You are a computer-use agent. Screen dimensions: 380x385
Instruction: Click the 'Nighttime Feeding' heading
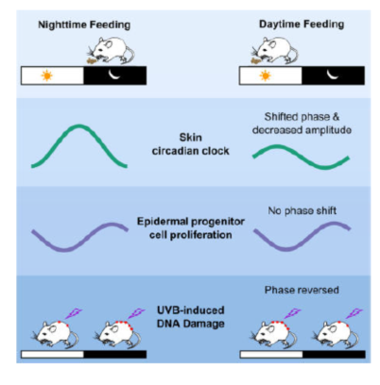[84, 25]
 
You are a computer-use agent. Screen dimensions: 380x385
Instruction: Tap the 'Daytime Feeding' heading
[302, 25]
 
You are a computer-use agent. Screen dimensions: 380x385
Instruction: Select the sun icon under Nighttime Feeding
[47, 75]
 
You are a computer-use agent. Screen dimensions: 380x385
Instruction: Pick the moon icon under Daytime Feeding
[333, 75]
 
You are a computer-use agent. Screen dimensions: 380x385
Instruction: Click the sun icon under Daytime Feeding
[265, 75]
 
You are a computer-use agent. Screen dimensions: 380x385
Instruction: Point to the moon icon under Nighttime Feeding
[114, 75]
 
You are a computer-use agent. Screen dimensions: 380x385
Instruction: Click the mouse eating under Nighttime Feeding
[111, 51]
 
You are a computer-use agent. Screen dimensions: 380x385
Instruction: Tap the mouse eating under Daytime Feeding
[274, 51]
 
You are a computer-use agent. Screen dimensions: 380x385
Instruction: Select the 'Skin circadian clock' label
[190, 144]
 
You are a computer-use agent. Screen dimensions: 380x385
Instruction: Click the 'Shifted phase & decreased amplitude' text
[302, 124]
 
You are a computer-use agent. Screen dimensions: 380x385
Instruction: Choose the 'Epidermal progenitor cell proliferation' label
[191, 228]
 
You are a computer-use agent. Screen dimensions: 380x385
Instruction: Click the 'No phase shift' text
[302, 210]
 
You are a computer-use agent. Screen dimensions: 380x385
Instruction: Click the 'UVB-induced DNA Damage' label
[191, 317]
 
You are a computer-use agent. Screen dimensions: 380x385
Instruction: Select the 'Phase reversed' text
[302, 290]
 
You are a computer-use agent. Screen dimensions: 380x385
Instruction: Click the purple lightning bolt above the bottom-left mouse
[74, 313]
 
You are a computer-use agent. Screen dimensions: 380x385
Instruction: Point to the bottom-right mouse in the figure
[336, 334]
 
